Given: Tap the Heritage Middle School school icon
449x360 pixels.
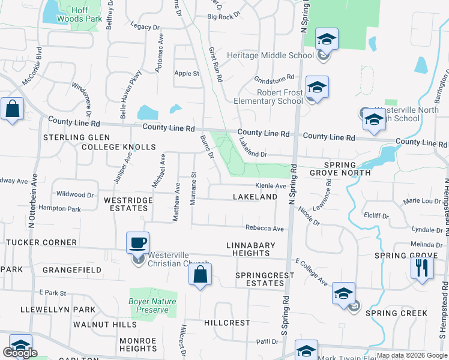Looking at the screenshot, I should point(327,40).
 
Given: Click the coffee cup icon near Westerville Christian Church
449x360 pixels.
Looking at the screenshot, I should point(138,242).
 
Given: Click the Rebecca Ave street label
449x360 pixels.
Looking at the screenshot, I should point(264,229).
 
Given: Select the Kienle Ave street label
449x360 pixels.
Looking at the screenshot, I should point(271,186).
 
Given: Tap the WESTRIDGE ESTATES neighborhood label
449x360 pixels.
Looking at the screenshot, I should point(125,203).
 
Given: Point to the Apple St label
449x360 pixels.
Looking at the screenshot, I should point(186,73).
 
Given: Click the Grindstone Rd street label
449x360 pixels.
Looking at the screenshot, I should point(274,78).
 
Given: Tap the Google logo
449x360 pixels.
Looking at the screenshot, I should point(20,353).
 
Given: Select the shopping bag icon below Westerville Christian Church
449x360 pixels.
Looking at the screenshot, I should point(200,275).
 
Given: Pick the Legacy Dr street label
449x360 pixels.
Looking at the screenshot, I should point(144,27).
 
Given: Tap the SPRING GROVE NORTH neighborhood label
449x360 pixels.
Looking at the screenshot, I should point(348,169).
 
